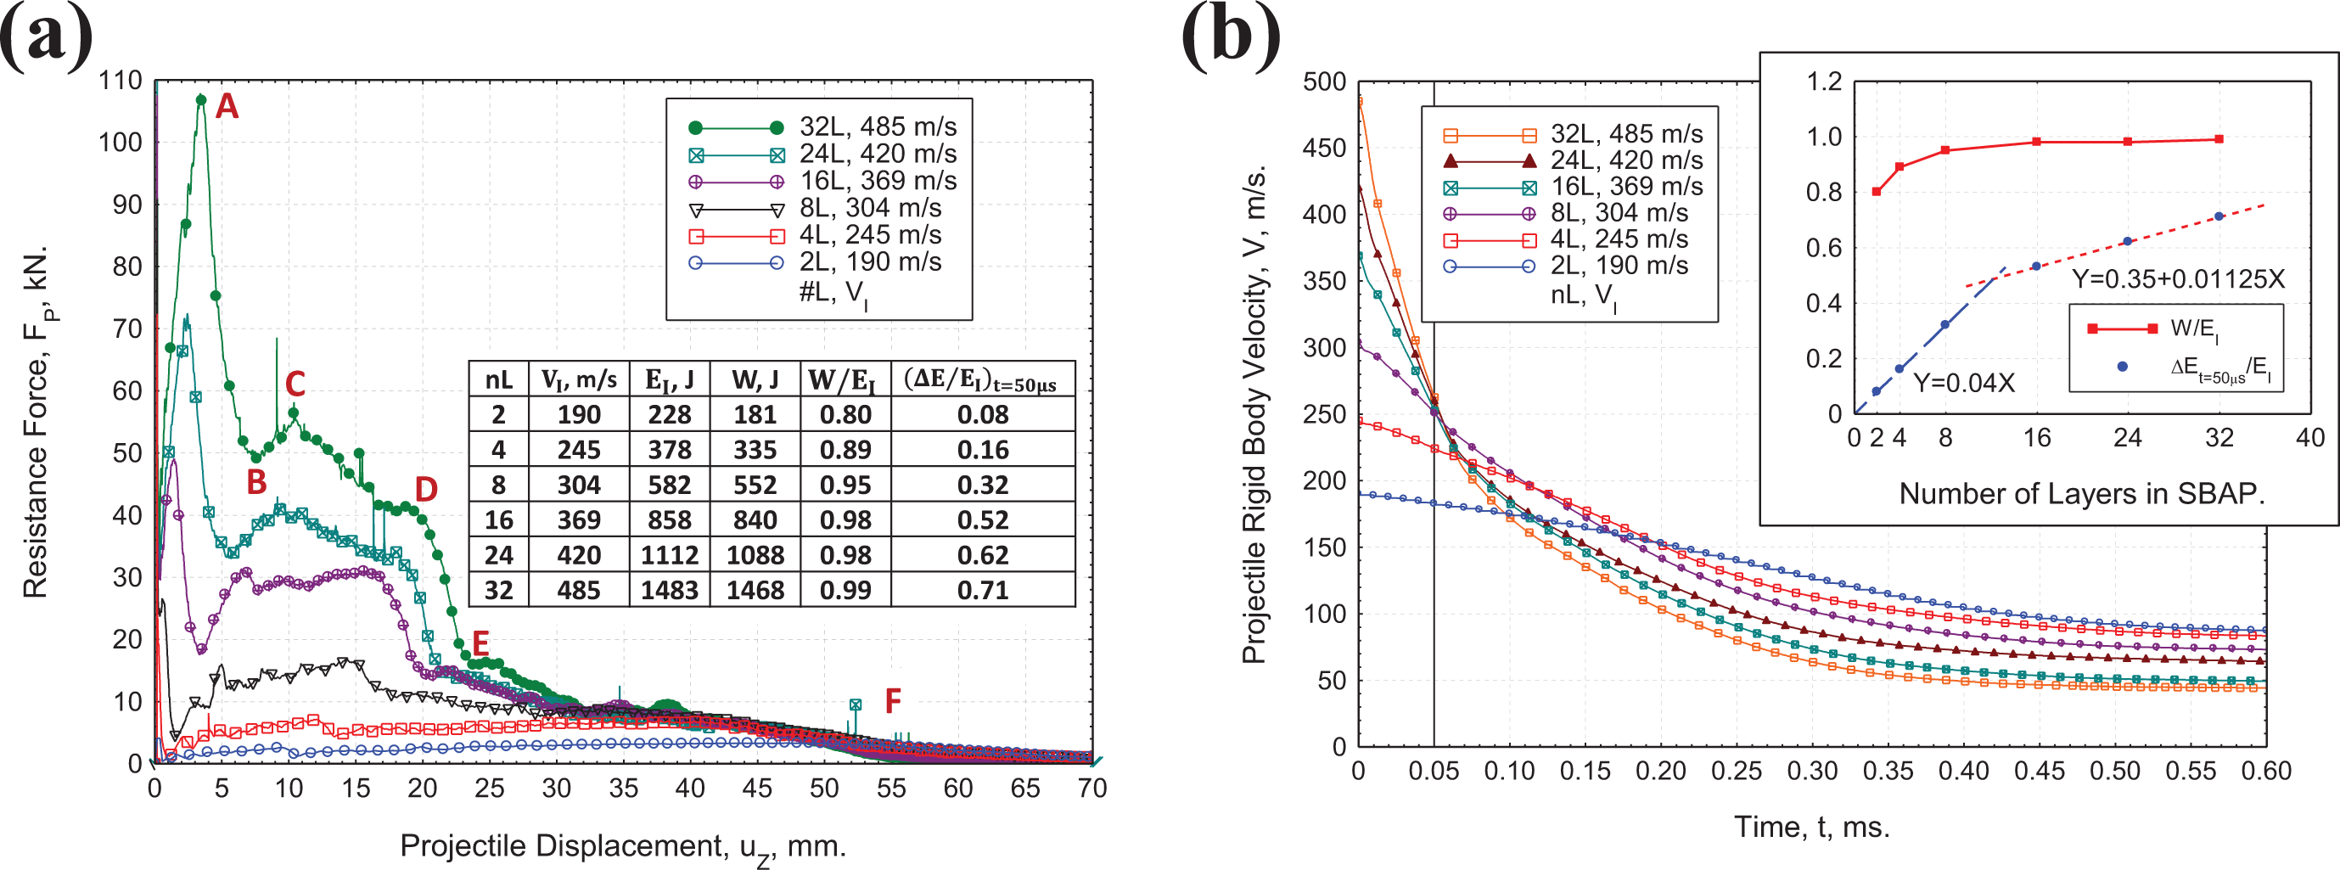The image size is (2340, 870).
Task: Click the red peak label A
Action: [x=226, y=106]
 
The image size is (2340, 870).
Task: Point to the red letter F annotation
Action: [x=893, y=701]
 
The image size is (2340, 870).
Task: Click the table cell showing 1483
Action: [x=670, y=590]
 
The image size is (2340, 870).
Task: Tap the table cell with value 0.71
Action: [x=983, y=590]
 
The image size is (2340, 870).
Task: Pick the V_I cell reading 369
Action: [x=579, y=520]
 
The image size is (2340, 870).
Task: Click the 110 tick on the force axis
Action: [x=121, y=80]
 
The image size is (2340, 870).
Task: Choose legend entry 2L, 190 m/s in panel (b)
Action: [x=1566, y=265]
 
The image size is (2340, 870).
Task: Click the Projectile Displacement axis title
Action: [x=623, y=846]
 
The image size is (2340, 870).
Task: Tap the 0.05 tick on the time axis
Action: [x=1434, y=771]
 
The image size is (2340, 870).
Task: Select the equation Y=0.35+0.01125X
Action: [x=2177, y=278]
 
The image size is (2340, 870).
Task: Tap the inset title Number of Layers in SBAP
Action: [x=2081, y=493]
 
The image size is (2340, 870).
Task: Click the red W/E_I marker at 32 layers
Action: [x=2219, y=139]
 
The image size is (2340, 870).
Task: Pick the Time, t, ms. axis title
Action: [x=1811, y=827]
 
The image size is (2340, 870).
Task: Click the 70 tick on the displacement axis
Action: [x=1091, y=789]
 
